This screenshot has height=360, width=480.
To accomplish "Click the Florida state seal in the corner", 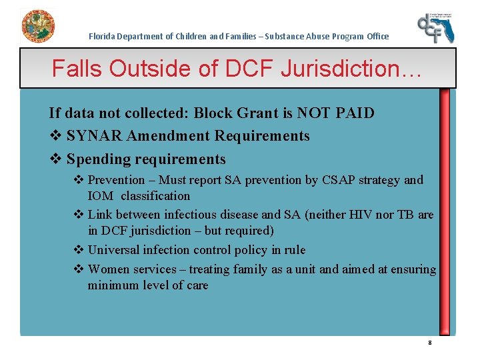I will click(x=38, y=27).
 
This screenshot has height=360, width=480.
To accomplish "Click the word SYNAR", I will click(x=94, y=136).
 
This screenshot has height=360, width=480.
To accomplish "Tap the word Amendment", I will click(x=166, y=136).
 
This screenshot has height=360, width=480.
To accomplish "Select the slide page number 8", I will click(x=430, y=343).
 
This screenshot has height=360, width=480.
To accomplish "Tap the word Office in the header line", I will click(x=377, y=36).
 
